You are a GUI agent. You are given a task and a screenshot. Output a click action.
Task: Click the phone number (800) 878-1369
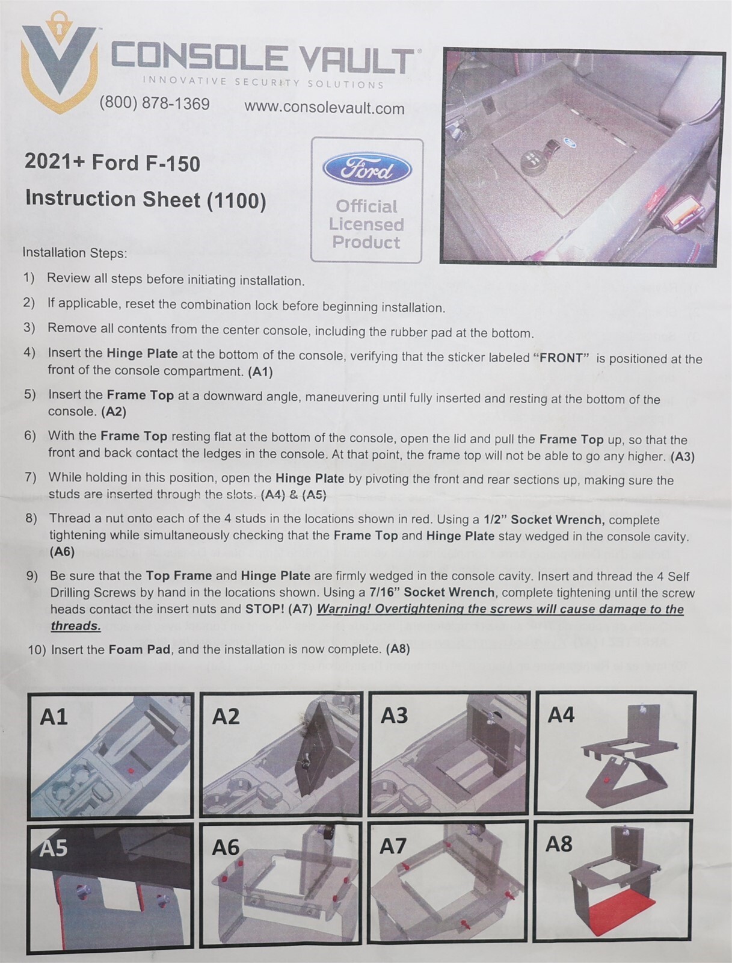pyautogui.click(x=155, y=104)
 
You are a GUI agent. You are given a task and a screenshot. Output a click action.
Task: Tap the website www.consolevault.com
pyautogui.click(x=324, y=108)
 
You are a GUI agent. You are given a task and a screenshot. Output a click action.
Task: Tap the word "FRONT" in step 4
pyautogui.click(x=562, y=358)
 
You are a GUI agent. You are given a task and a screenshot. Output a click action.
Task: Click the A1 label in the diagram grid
pyautogui.click(x=54, y=717)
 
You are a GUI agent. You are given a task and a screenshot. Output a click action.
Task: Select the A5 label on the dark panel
pyautogui.click(x=53, y=848)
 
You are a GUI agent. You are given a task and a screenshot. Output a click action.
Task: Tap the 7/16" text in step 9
pyautogui.click(x=384, y=592)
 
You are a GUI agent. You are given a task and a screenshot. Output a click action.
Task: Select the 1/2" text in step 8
pyautogui.click(x=495, y=519)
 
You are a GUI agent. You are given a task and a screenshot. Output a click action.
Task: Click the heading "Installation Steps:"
pyautogui.click(x=75, y=253)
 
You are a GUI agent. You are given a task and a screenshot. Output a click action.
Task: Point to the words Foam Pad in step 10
pyautogui.click(x=140, y=649)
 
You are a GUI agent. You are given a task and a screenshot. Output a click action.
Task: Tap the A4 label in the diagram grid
pyautogui.click(x=561, y=715)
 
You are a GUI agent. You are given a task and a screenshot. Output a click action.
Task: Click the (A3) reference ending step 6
pyautogui.click(x=683, y=457)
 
